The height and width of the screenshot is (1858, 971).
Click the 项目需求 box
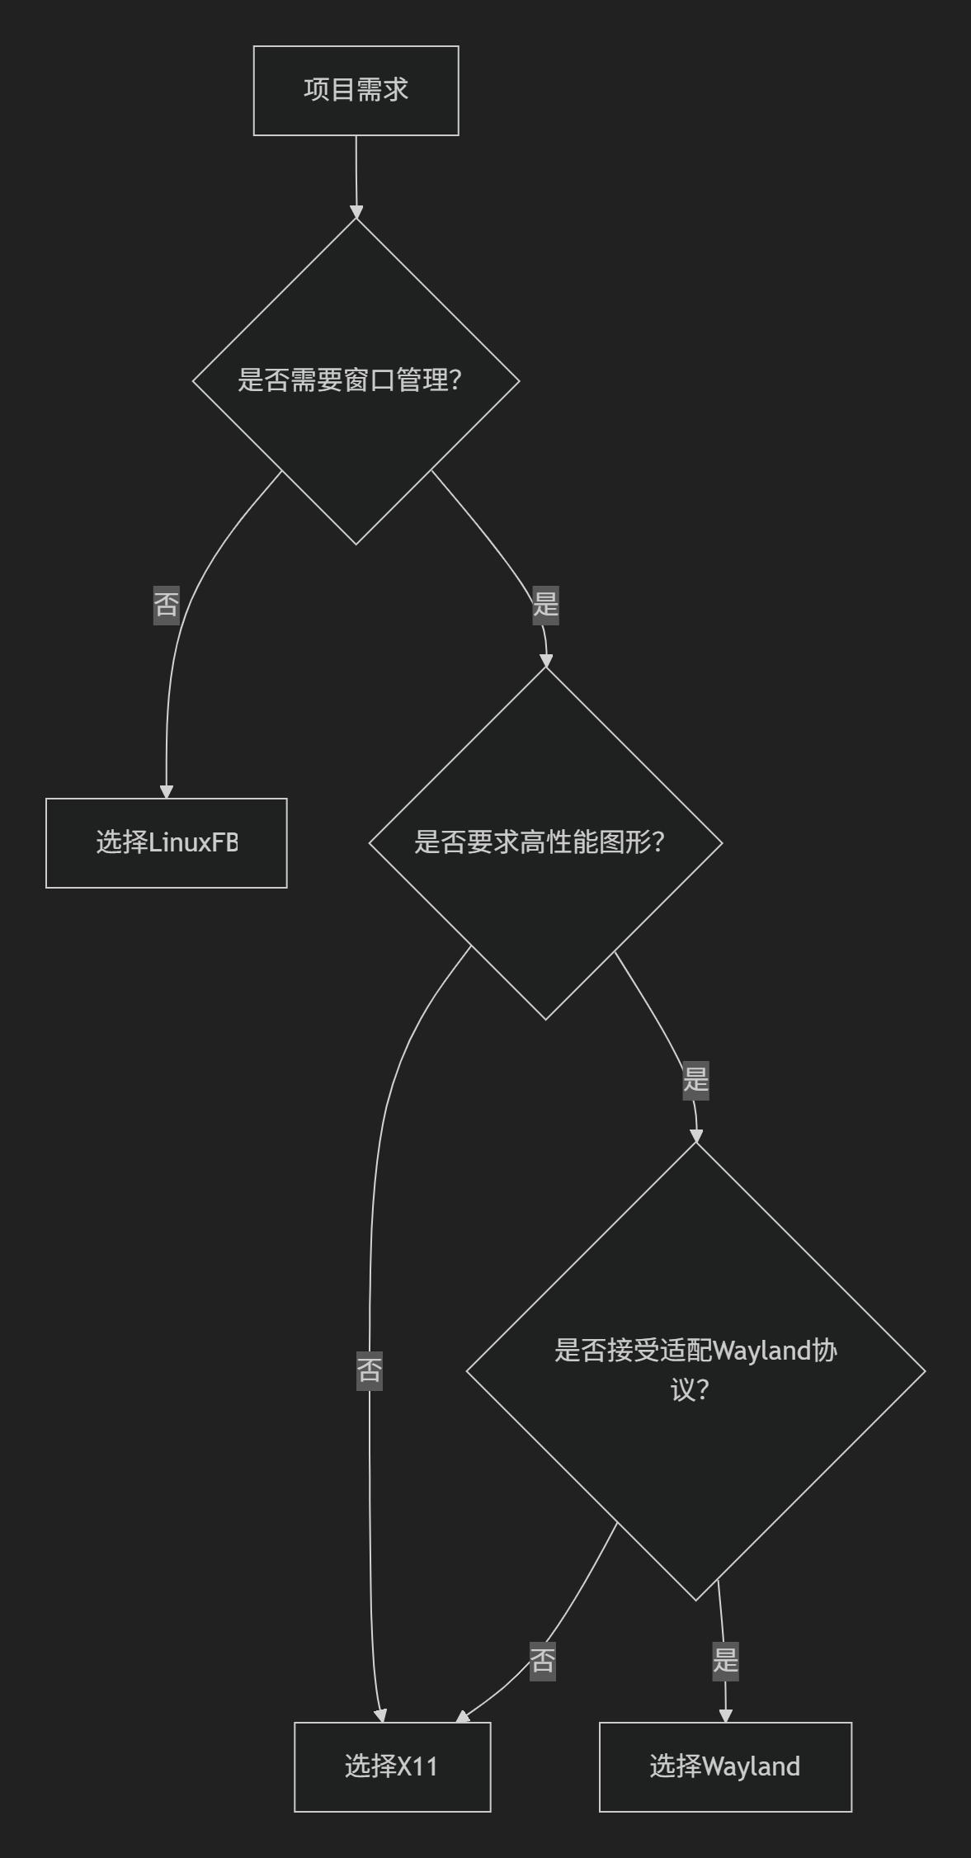[356, 90]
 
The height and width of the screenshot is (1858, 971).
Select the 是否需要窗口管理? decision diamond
[356, 380]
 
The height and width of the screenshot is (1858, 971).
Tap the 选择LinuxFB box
[166, 842]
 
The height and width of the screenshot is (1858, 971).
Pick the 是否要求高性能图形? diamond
[544, 842]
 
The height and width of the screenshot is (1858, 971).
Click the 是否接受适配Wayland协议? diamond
[695, 1370]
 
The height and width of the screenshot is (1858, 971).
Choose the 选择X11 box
[392, 1766]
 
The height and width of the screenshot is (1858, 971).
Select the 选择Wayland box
[725, 1766]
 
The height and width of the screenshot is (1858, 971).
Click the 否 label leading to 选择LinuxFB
[166, 605]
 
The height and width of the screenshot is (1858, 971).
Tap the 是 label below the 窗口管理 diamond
[545, 605]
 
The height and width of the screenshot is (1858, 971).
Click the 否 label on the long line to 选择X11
[369, 1370]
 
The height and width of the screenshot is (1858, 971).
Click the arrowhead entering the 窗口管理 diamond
[356, 213]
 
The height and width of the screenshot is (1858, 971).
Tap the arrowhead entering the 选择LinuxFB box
[166, 792]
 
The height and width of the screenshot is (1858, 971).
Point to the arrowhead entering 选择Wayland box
[725, 1716]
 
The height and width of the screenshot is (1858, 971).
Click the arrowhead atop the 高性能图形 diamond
[545, 661]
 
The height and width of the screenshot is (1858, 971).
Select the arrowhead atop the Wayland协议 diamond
[695, 1136]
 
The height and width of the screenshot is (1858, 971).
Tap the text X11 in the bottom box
[417, 1766]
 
